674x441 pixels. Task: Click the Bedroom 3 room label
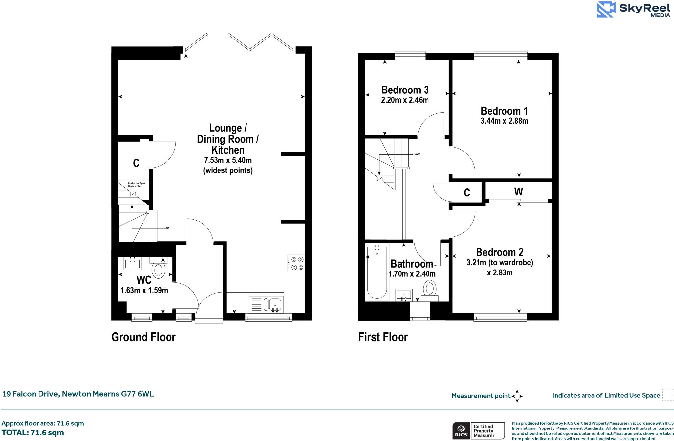pos(405,90)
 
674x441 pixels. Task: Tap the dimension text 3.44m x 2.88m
pos(504,121)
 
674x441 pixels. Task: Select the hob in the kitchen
pos(296,263)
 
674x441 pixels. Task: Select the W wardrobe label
pos(518,192)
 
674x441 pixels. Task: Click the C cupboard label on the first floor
pos(467,193)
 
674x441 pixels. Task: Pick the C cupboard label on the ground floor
pos(136,163)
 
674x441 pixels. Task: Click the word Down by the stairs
pos(417,154)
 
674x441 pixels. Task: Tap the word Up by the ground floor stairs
pos(168,228)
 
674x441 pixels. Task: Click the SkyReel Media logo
pos(634,10)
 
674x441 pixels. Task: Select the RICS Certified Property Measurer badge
pos(478,431)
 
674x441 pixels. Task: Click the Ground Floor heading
pos(143,337)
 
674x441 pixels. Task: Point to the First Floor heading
pos(383,337)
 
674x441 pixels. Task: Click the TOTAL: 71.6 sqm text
pos(33,433)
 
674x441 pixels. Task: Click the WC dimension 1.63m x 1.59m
pos(144,291)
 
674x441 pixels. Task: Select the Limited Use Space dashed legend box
pos(668,395)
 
